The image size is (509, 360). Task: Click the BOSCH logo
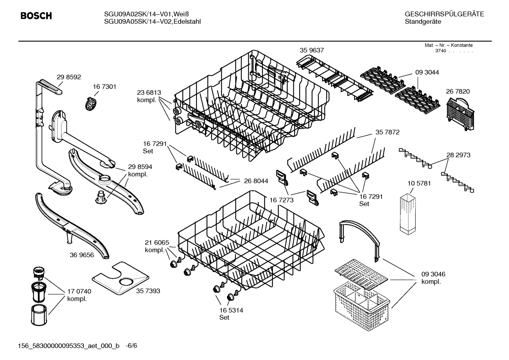[36, 16]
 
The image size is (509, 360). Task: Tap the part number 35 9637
[312, 51]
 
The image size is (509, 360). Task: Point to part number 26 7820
[458, 92]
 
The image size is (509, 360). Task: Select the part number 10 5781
[419, 184]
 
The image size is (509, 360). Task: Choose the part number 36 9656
[82, 255]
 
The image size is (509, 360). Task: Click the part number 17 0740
[79, 291]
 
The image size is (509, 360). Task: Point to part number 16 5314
[231, 311]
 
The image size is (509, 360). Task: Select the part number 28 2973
[458, 155]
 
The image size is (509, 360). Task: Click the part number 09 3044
[427, 72]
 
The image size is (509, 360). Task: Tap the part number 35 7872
[388, 132]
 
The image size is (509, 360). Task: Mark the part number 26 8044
[256, 181]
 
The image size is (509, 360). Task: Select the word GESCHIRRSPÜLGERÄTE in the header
[444, 14]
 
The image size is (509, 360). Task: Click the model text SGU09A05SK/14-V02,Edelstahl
[152, 22]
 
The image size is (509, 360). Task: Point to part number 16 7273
[281, 200]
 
